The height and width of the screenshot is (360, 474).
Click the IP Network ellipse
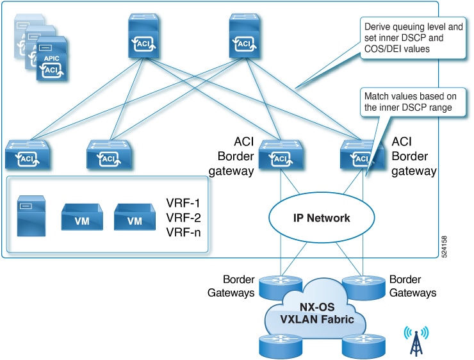(x=322, y=218)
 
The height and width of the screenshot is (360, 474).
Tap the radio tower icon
(x=416, y=341)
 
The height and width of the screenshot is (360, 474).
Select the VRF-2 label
(x=183, y=218)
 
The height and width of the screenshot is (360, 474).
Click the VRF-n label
(x=183, y=233)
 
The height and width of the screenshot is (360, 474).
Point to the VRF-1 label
(x=183, y=203)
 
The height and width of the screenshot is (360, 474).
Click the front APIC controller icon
(x=51, y=58)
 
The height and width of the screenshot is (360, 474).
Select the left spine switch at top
(x=143, y=36)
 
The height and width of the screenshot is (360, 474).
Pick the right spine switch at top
(x=244, y=36)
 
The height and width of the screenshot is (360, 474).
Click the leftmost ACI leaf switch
(x=28, y=154)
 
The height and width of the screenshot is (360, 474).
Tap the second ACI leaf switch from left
(x=109, y=154)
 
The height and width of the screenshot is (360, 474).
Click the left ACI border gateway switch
(x=281, y=154)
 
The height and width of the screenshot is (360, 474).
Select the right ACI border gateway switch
(x=362, y=154)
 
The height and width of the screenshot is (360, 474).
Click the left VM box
(x=82, y=217)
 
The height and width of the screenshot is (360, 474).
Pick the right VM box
(x=135, y=217)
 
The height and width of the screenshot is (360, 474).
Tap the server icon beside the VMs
(x=31, y=216)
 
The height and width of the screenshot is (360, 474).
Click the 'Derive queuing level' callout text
(x=413, y=38)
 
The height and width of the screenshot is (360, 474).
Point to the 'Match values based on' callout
(x=410, y=102)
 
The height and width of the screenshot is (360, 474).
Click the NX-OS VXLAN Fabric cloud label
(x=317, y=313)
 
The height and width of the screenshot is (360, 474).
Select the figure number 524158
(x=444, y=247)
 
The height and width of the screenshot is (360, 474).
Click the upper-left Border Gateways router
(x=281, y=287)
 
